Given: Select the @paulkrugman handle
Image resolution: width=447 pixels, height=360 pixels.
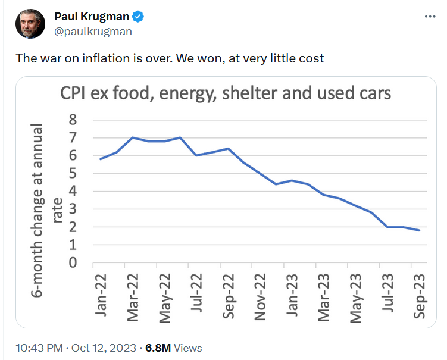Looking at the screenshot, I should tap(93, 32).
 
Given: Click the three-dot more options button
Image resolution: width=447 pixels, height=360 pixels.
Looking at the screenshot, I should tap(430, 17).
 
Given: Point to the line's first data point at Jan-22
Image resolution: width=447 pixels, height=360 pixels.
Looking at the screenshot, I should tap(101, 159).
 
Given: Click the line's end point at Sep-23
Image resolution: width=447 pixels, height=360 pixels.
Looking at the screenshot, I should tap(420, 230).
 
